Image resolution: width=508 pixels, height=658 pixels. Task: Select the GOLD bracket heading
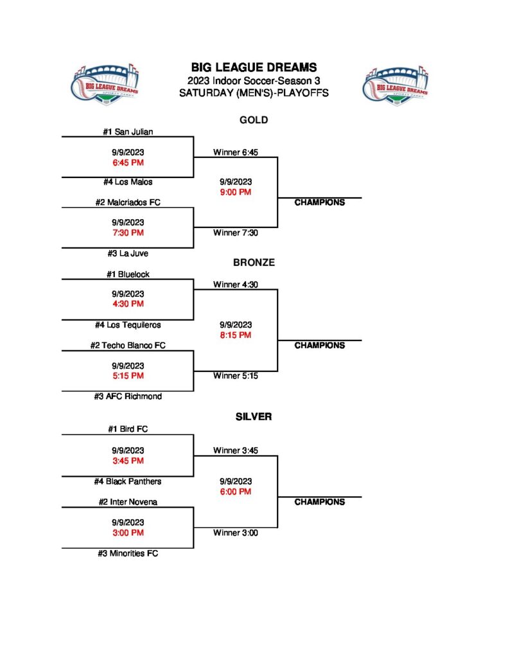253,120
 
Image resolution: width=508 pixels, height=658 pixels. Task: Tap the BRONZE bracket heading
253,262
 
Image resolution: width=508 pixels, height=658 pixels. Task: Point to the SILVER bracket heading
253,416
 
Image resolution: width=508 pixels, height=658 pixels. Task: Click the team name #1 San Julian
128,132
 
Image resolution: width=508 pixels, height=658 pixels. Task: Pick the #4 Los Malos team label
128,182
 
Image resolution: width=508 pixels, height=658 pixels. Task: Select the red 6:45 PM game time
128,162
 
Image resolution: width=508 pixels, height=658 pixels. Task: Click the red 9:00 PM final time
236,192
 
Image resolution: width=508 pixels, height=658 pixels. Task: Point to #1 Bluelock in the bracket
128,274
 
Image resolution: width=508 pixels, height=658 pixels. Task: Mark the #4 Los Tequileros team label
128,325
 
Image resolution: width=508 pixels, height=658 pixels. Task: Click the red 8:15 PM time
236,335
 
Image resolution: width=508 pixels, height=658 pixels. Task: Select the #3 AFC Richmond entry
128,396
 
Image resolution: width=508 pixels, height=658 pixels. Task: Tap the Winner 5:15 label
236,376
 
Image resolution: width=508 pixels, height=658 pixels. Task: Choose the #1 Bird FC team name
128,429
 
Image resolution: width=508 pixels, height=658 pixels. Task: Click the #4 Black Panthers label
128,481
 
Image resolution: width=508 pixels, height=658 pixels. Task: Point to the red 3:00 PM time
128,533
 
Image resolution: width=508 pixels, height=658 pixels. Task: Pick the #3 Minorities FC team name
128,553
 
